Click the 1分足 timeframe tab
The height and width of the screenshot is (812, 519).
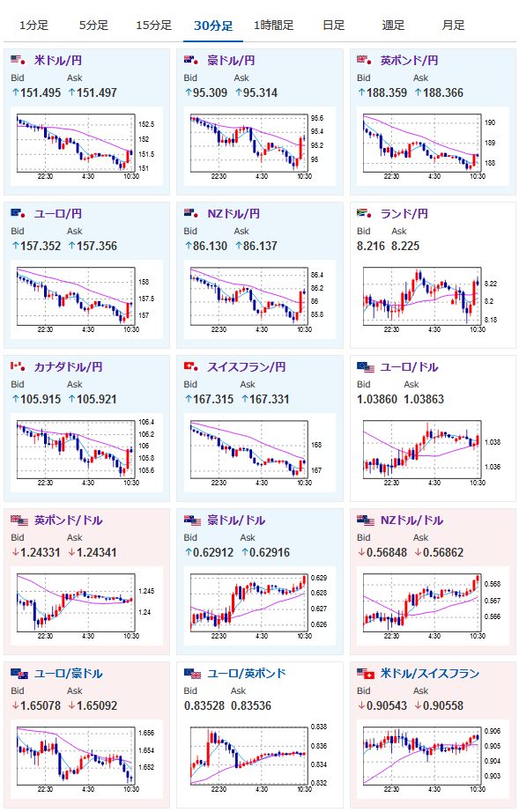[33, 25]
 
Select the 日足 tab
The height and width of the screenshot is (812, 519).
[333, 25]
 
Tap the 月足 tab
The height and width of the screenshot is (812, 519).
[453, 25]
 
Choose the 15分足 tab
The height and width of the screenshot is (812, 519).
[153, 25]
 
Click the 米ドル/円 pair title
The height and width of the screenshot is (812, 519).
[58, 61]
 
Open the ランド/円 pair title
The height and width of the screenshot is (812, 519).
[404, 214]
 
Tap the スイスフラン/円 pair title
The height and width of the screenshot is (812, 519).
[247, 367]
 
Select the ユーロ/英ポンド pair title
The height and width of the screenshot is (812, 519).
[247, 674]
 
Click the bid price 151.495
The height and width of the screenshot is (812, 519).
[41, 92]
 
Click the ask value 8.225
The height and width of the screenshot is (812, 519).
[405, 246]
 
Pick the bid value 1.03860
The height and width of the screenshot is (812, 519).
[377, 399]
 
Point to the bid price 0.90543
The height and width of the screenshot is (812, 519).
[387, 705]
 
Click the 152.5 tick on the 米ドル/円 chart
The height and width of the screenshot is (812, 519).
[146, 124]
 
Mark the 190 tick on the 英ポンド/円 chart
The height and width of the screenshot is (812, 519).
[490, 122]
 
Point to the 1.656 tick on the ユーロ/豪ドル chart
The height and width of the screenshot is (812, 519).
[146, 734]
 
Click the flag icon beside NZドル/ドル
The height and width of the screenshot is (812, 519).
[366, 520]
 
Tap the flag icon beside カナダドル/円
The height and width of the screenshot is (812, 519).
[19, 367]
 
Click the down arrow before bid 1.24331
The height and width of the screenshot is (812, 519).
[16, 552]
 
